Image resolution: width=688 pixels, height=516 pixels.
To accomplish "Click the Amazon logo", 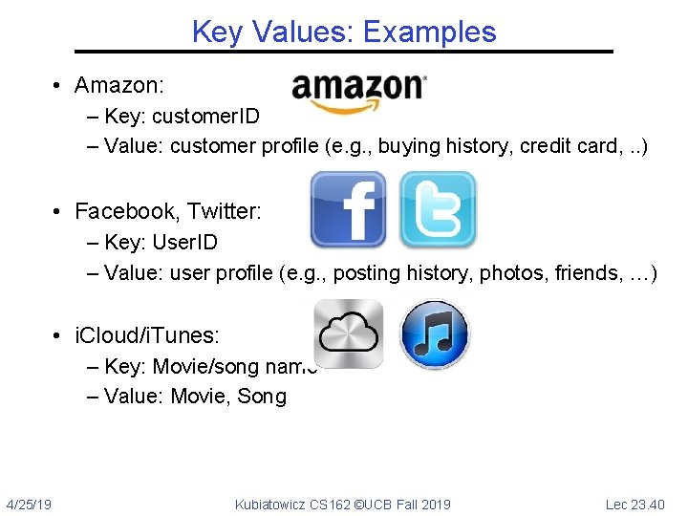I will click(359, 91).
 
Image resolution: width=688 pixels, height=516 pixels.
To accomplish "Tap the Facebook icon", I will click(348, 209).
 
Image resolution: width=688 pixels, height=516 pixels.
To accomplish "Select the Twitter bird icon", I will click(437, 209).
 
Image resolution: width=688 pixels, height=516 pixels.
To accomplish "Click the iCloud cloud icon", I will click(350, 333).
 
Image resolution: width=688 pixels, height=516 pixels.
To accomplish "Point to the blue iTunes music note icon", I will click(434, 334).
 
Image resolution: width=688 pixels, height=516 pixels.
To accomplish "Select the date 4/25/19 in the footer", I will click(29, 504).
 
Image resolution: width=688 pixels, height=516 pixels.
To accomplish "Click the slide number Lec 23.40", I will click(635, 504).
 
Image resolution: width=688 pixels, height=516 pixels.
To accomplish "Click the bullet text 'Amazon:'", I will click(120, 85).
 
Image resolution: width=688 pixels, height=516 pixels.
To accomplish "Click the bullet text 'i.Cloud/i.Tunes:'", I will click(147, 335).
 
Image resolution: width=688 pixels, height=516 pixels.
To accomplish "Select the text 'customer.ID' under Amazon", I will click(205, 116).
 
